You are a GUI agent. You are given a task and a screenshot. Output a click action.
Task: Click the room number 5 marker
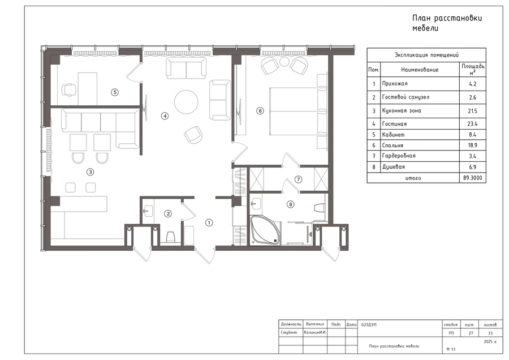click(115, 92)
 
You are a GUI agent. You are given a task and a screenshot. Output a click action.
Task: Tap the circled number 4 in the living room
click(165, 115)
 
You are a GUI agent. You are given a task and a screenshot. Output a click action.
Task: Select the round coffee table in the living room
click(186, 102)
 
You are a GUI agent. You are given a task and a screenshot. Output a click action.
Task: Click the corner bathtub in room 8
click(265, 230)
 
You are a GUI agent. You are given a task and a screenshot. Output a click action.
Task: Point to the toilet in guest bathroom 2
click(171, 237)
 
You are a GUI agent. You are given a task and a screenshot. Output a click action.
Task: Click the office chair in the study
click(69, 89)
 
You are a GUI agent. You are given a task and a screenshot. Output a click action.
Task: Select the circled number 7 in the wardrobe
click(298, 179)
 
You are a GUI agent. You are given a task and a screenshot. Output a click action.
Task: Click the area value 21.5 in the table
click(473, 111)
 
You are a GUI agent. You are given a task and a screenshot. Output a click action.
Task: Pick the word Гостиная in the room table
click(394, 124)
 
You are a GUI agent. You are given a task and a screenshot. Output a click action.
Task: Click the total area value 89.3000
click(473, 178)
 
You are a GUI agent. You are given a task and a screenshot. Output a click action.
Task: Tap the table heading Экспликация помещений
click(426, 55)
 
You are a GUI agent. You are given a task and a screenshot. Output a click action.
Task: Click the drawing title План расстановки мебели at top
click(447, 23)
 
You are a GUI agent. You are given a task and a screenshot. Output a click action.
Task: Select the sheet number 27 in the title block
click(471, 333)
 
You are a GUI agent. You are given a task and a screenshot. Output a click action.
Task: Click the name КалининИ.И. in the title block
click(315, 333)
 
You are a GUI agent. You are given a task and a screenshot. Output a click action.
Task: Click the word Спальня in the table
click(392, 145)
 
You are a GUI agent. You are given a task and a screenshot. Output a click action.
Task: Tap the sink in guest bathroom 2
click(148, 211)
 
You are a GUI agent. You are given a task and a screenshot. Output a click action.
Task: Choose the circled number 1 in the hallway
click(209, 222)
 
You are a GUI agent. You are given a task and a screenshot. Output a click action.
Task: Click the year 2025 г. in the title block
click(490, 342)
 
